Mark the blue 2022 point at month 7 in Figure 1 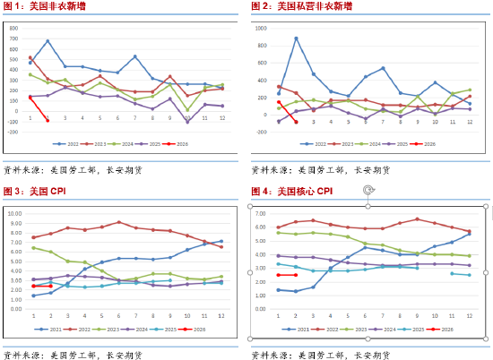[x=135, y=56]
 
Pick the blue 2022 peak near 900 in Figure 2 [x=296, y=38]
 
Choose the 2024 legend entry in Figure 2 [x=372, y=143]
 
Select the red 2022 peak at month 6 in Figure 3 [x=118, y=222]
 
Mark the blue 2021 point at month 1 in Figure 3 [x=33, y=295]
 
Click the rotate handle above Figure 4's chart [x=368, y=190]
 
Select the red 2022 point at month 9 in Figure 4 [x=417, y=219]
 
